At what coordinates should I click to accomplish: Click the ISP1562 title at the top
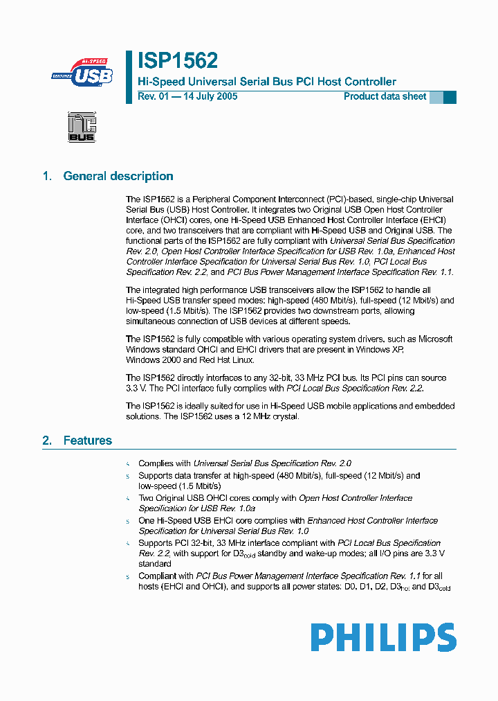tap(178, 61)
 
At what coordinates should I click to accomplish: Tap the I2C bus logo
tap(82, 127)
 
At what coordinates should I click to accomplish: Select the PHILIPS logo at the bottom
tap(383, 637)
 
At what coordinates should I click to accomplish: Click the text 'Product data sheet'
tap(385, 97)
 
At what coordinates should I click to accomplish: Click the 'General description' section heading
tap(118, 176)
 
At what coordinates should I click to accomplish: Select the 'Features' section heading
tap(88, 441)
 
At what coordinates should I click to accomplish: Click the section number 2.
tap(46, 441)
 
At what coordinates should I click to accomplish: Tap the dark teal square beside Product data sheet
tap(450, 97)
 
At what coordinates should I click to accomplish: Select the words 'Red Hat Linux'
tap(228, 360)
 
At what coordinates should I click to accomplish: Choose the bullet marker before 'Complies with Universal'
tap(127, 463)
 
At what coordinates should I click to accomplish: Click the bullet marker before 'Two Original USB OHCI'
tap(127, 498)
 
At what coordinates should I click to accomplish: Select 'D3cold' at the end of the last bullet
tap(440, 587)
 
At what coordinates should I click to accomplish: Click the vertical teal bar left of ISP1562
tap(129, 76)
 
